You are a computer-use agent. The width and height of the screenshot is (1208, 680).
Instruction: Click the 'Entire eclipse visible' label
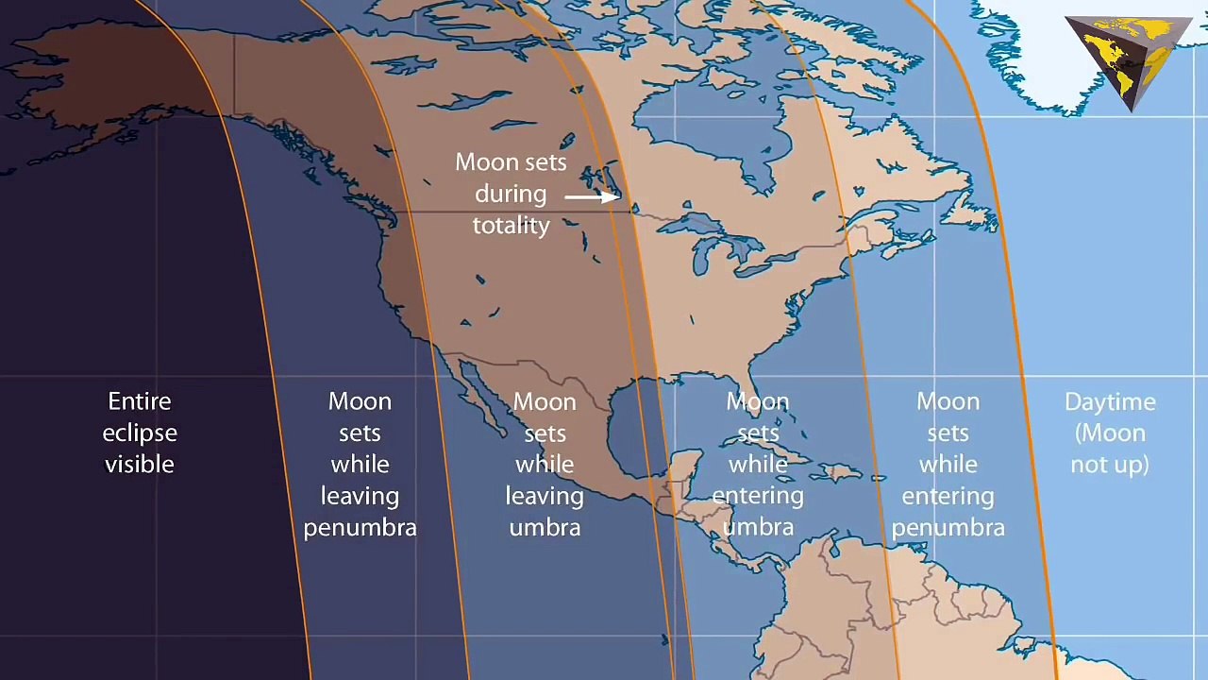tap(140, 433)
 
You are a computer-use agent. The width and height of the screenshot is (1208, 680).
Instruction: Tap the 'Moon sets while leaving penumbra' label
tap(360, 464)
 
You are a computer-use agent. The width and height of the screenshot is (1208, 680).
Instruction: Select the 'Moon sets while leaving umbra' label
tap(545, 464)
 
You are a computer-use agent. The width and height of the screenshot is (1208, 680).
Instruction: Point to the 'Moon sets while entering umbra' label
tap(758, 464)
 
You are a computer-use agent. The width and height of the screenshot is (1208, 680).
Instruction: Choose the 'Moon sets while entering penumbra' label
tap(948, 464)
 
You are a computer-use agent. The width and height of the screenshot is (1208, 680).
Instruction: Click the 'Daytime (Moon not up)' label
tap(1110, 433)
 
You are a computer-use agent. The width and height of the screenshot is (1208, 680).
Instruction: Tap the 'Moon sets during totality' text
tap(511, 194)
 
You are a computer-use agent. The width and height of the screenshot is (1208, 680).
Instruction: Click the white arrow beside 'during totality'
tap(593, 196)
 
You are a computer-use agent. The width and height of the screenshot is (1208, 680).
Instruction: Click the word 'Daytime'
tap(1110, 401)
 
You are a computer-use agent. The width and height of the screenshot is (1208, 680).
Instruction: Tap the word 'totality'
tap(511, 225)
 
